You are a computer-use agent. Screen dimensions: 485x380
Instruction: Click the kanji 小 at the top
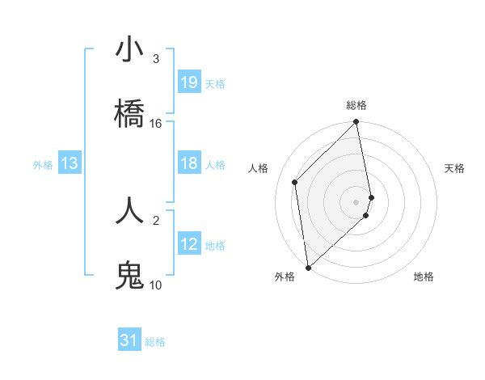(129, 50)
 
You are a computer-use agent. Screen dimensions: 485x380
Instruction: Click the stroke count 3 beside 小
(156, 59)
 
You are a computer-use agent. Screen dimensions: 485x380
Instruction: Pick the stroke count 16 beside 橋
(156, 124)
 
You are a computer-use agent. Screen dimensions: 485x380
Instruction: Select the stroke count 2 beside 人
(156, 219)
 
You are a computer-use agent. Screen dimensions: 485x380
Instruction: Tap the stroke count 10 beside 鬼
(156, 285)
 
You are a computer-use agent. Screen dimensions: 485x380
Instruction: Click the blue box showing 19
(189, 82)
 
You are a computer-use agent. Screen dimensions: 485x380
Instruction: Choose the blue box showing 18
(189, 164)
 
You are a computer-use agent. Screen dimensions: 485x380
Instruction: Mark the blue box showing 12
(189, 244)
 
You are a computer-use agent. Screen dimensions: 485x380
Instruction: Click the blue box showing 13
(70, 164)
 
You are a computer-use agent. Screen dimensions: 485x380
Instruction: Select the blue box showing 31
(129, 341)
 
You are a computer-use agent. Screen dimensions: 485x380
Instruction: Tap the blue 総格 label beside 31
(155, 342)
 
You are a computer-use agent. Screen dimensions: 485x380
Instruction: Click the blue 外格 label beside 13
(43, 165)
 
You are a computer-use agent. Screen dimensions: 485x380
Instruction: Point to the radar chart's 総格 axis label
(356, 105)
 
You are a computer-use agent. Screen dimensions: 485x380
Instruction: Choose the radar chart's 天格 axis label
(455, 168)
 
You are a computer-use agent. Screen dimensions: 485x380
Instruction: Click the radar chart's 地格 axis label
(424, 277)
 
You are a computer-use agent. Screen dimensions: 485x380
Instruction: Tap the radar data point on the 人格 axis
(295, 182)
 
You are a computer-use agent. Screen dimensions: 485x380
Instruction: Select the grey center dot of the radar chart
(356, 201)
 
